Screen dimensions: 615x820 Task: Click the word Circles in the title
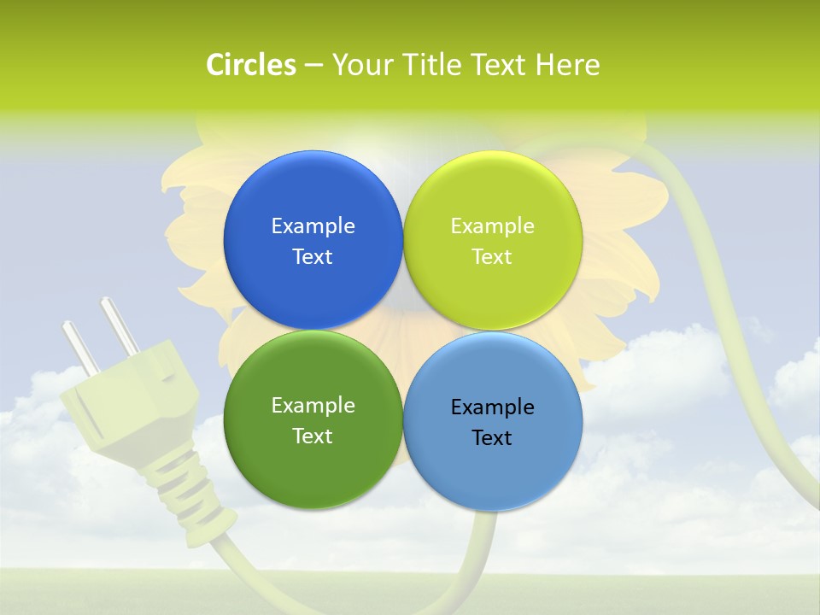point(250,65)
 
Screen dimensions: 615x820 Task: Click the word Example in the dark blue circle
point(313,225)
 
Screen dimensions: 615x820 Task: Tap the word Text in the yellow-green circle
point(492,256)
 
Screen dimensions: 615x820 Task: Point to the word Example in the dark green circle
point(313,405)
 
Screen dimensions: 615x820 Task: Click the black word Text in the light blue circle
point(492,437)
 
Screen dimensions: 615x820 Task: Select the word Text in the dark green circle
point(313,436)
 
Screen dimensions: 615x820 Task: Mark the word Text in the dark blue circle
point(313,256)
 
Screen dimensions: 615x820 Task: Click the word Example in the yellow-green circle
point(492,225)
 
